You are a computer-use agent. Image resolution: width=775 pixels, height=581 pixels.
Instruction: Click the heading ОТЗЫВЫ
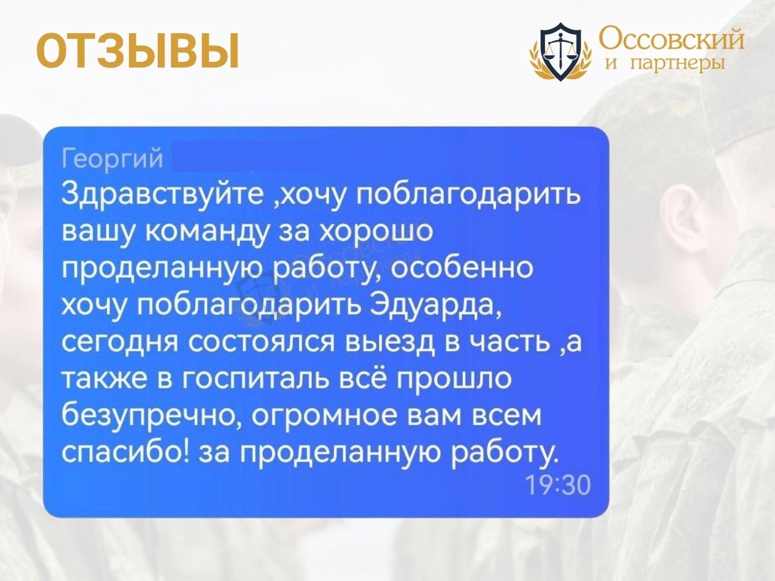coord(138,50)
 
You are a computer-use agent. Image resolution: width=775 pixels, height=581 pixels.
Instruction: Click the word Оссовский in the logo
coord(671,39)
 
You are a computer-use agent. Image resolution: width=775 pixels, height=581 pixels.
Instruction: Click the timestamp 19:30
coord(558,485)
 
